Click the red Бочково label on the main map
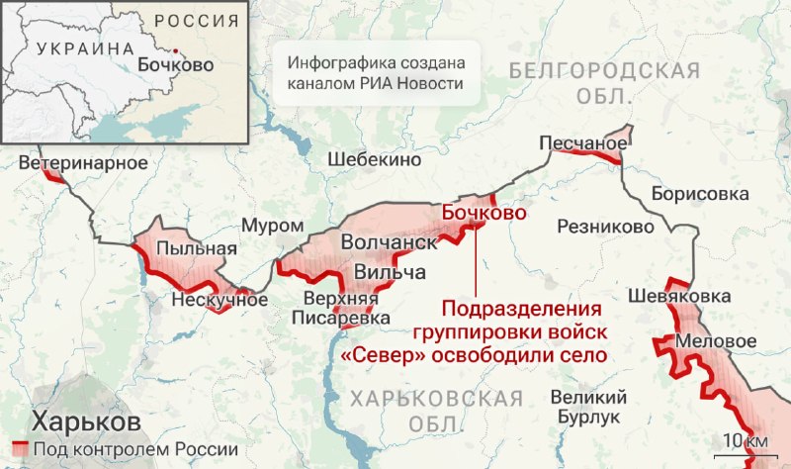coord(483,212)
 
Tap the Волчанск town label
coord(388,242)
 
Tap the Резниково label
coord(606,227)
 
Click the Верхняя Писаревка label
coord(340,309)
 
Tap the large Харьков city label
coord(85,421)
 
